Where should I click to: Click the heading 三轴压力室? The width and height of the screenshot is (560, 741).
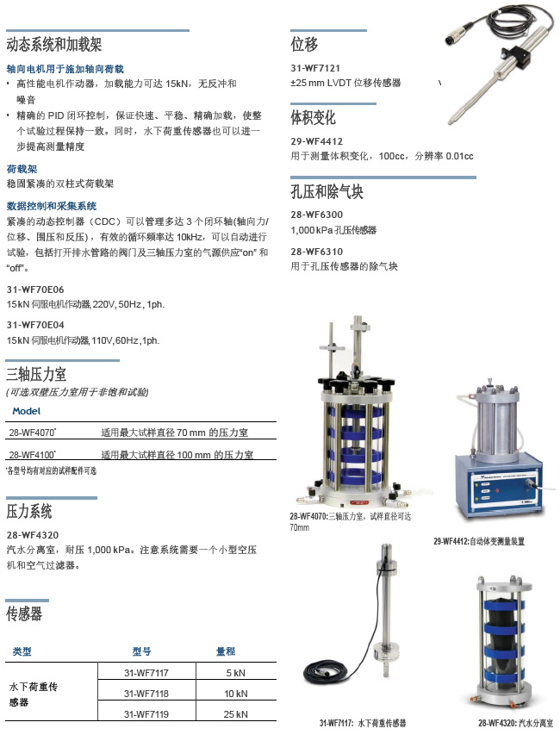[36, 374]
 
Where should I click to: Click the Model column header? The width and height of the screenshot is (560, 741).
[27, 411]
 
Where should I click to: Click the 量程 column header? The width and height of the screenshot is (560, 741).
[226, 651]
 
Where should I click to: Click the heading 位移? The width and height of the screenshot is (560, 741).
[304, 45]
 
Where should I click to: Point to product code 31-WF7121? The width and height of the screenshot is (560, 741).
[316, 68]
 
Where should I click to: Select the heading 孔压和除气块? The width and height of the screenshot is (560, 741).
[327, 191]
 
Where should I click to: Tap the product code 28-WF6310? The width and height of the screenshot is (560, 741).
[316, 252]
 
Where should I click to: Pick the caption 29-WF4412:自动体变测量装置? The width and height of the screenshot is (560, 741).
[479, 541]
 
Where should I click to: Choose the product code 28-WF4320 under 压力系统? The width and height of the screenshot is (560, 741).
[32, 535]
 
